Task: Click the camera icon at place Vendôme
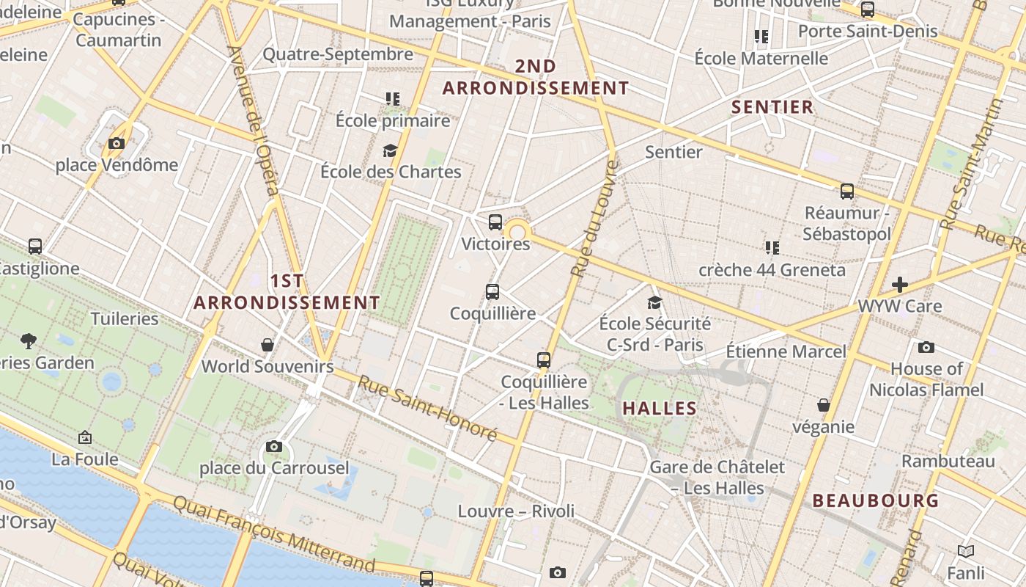(x=117, y=143)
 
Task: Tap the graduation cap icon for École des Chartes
(x=390, y=150)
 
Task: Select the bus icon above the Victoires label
(x=495, y=222)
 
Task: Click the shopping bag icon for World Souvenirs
(x=267, y=344)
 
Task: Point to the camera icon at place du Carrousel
(x=274, y=446)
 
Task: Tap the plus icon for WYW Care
(x=900, y=284)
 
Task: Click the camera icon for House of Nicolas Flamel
(x=926, y=347)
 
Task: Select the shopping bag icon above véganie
(x=824, y=405)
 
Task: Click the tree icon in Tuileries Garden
(x=29, y=340)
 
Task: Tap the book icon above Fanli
(x=966, y=551)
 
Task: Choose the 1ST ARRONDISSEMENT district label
(x=287, y=291)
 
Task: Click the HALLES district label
(x=660, y=409)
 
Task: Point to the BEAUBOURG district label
(x=875, y=500)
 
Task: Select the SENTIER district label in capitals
(x=772, y=107)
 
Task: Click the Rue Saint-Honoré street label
(x=427, y=408)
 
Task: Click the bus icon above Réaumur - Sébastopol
(x=847, y=192)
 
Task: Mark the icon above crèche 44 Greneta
(x=772, y=247)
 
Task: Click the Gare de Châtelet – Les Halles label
(x=717, y=477)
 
